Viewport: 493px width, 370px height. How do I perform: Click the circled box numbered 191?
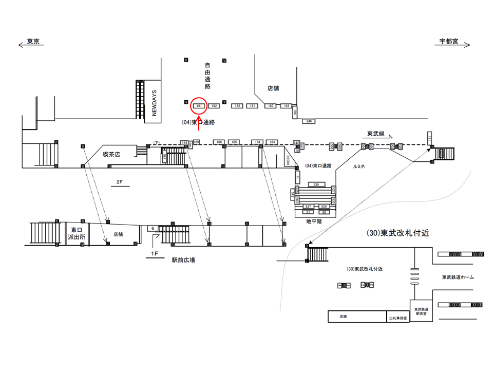pyautogui.click(x=199, y=106)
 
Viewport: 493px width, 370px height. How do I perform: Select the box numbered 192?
pyautogui.click(x=214, y=106)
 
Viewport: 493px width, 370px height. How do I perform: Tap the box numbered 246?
pyautogui.click(x=309, y=121)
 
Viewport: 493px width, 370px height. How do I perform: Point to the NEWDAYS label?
pyautogui.click(x=154, y=102)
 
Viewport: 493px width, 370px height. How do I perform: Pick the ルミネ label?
pyautogui.click(x=359, y=168)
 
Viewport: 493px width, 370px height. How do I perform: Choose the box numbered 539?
pyautogui.click(x=316, y=184)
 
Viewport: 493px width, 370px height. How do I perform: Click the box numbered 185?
pyautogui.click(x=234, y=142)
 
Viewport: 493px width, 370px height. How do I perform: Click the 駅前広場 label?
pyautogui.click(x=183, y=260)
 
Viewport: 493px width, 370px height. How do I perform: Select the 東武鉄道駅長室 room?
pyautogui.click(x=421, y=311)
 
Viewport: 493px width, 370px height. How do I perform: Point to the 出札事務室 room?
pyautogui.click(x=398, y=319)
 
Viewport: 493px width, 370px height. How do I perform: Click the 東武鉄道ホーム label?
pyautogui.click(x=458, y=277)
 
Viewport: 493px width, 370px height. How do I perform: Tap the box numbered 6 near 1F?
pyautogui.click(x=153, y=228)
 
